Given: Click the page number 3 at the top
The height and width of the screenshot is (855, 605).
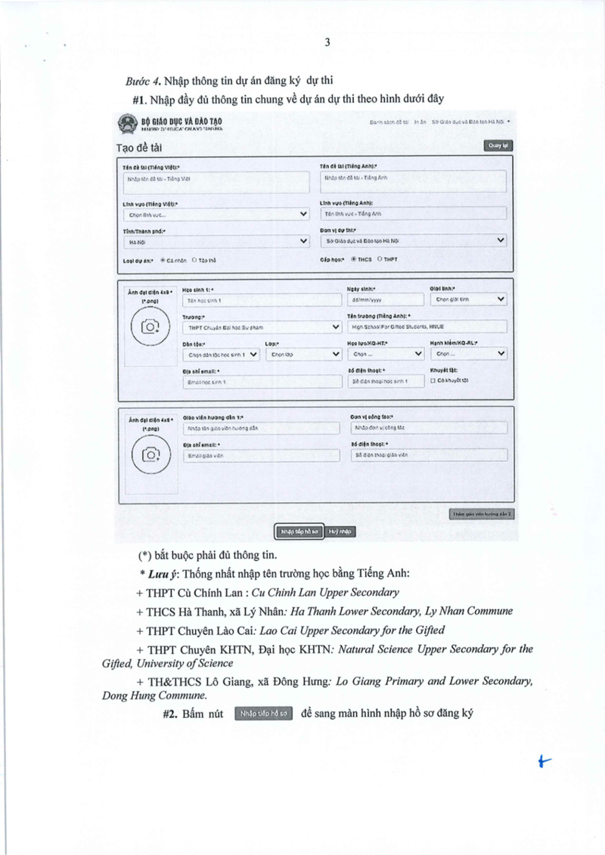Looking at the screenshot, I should pyautogui.click(x=327, y=42).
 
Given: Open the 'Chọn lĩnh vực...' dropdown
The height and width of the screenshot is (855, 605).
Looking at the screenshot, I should pyautogui.click(x=215, y=214).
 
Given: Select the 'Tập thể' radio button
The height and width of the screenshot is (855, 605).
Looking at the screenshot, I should pyautogui.click(x=194, y=260).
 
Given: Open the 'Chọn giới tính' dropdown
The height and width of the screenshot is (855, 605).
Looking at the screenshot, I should pyautogui.click(x=468, y=299).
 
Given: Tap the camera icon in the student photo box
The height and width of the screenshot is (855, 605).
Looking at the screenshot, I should pyautogui.click(x=151, y=327).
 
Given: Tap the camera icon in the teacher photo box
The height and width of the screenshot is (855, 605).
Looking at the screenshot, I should pyautogui.click(x=151, y=454).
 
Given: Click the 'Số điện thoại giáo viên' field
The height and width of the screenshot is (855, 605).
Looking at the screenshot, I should pyautogui.click(x=429, y=456).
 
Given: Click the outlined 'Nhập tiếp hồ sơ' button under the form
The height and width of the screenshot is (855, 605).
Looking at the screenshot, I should pyautogui.click(x=299, y=531).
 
